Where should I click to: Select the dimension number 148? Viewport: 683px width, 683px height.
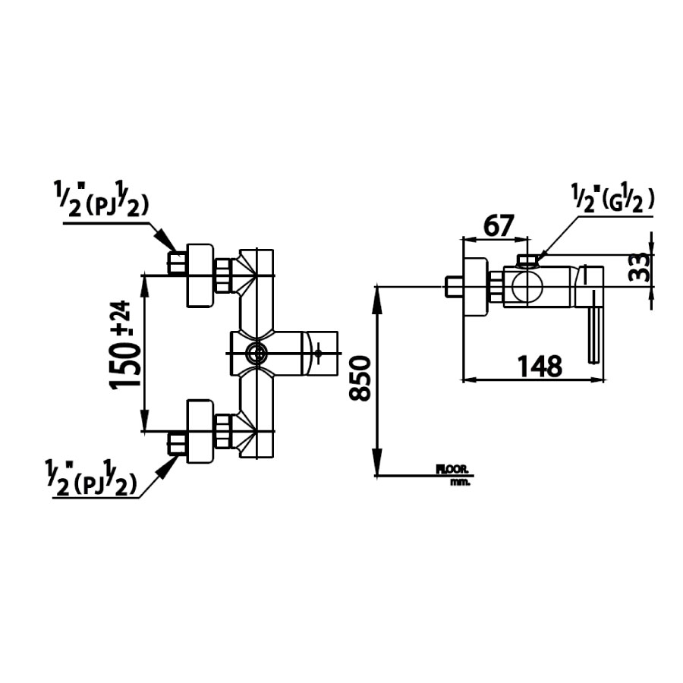tap(540, 367)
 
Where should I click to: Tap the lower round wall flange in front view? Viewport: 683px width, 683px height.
tap(200, 431)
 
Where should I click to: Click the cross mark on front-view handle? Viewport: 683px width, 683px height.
tap(321, 351)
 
